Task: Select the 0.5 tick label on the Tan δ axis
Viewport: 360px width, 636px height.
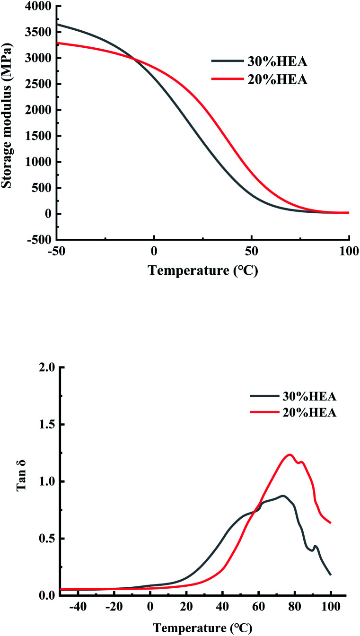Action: coord(47,539)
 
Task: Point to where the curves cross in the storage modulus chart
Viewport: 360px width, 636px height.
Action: coord(134,59)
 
